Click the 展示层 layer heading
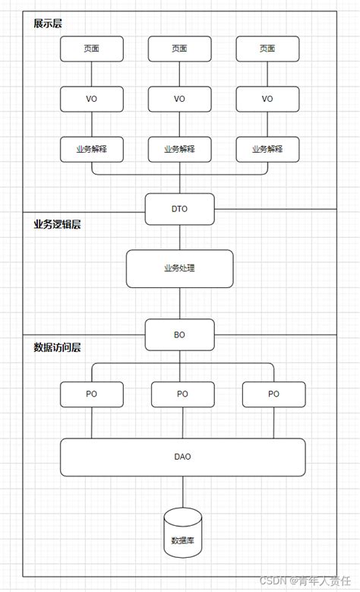tap(48, 24)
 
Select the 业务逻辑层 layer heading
tap(57, 224)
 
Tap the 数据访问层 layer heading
tap(57, 347)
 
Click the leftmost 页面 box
tap(91, 49)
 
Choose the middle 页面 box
tap(179, 49)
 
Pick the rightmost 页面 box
tap(267, 49)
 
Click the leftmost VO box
tap(91, 99)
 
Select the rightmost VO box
tap(267, 99)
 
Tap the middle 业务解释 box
tap(179, 149)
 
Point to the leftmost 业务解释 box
tap(91, 149)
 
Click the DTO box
tap(179, 208)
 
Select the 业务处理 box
tap(179, 268)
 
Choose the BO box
tap(179, 334)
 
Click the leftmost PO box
tap(91, 394)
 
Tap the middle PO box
tap(182, 394)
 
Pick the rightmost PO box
tap(273, 394)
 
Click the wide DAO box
tap(182, 457)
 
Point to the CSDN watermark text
tap(307, 580)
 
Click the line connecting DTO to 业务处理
tap(179, 237)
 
